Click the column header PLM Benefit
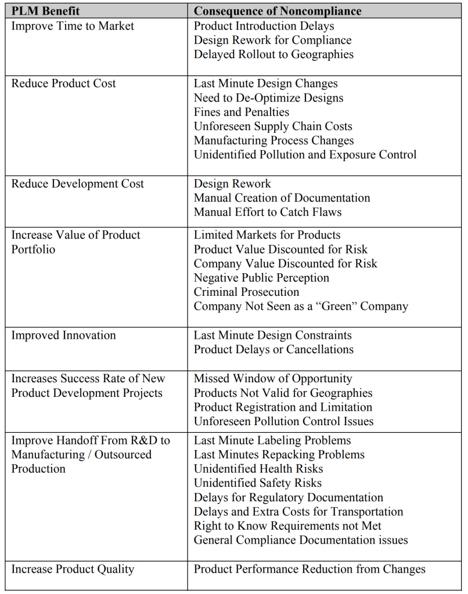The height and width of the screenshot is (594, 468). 46,11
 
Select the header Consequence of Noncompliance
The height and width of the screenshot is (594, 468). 278,11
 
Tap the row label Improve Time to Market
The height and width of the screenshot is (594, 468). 73,26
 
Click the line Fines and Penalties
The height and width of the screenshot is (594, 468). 241,112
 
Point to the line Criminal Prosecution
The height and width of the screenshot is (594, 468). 247,292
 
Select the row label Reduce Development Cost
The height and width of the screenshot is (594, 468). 78,184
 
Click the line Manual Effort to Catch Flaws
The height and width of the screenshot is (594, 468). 268,212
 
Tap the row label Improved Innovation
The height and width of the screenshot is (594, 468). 64,335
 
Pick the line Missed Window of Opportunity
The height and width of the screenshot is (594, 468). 273,379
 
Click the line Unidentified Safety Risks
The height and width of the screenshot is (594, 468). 258,483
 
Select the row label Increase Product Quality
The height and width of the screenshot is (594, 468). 73,569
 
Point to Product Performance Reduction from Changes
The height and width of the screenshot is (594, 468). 309,569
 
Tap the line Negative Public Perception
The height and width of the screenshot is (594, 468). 261,278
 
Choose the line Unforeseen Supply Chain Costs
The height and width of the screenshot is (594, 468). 273,126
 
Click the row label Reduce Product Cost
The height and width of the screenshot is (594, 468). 64,84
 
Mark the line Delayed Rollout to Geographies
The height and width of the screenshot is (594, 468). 273,55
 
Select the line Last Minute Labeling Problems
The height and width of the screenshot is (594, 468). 272,440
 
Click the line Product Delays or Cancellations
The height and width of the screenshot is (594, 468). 273,349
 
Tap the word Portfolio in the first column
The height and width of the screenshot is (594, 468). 33,249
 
